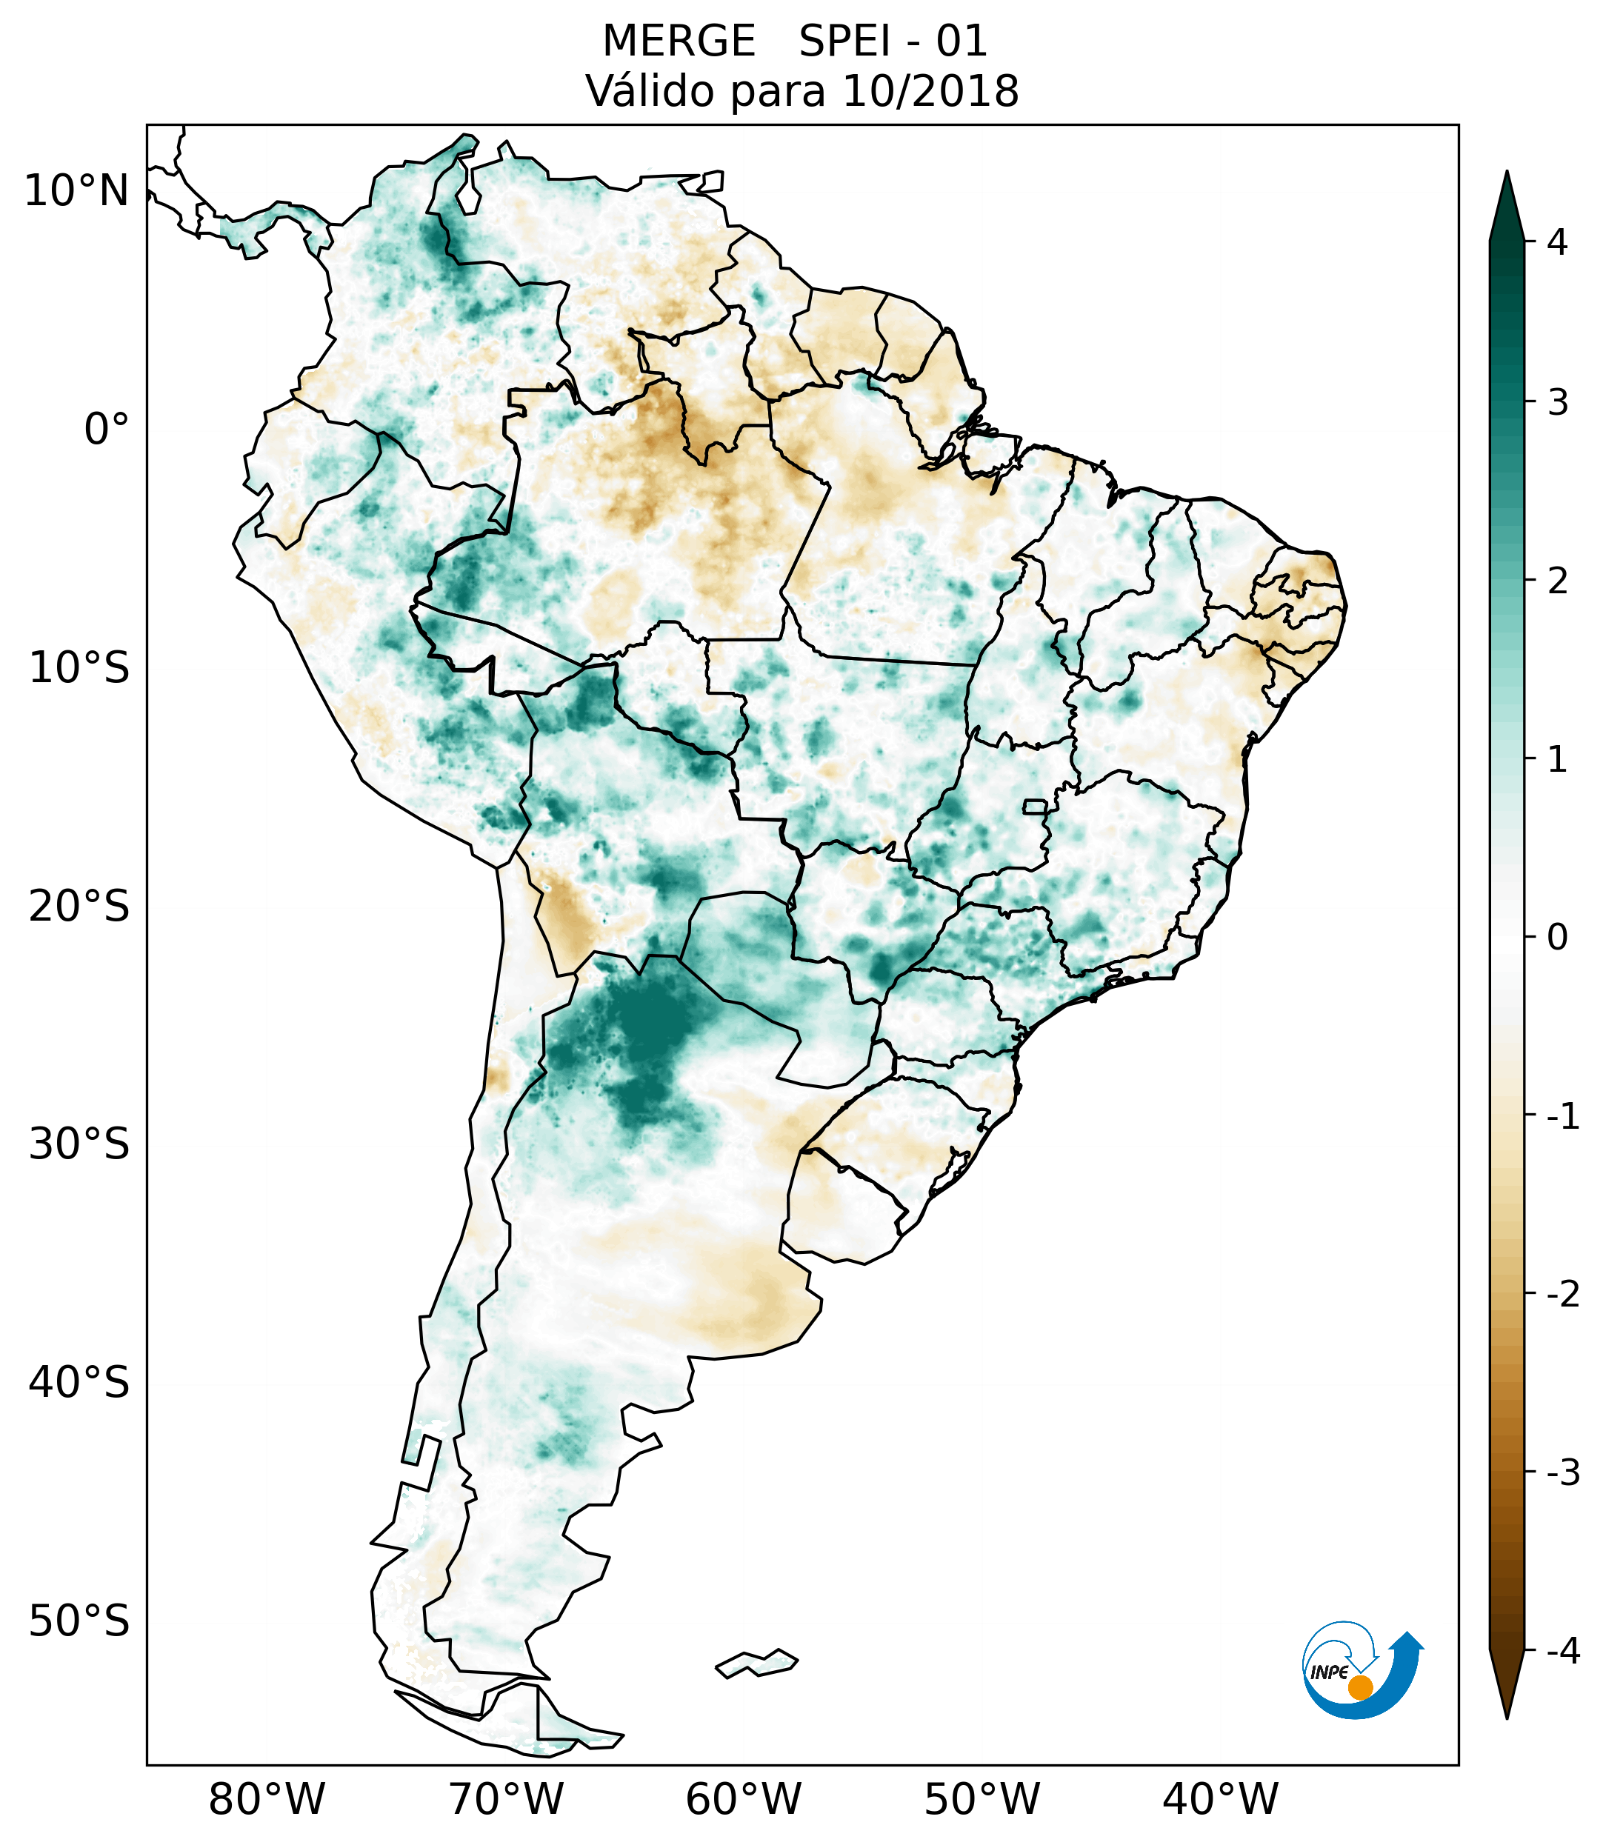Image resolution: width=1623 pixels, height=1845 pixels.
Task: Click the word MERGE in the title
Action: click(x=678, y=41)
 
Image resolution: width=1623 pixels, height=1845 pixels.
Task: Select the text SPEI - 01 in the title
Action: click(x=893, y=41)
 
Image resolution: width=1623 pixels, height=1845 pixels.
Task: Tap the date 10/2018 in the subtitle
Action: click(x=930, y=91)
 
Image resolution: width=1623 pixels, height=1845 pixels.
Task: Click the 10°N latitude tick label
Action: click(x=77, y=191)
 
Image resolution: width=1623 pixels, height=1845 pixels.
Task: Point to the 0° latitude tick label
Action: click(x=107, y=430)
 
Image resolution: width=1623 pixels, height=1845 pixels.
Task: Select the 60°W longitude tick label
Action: click(x=743, y=1799)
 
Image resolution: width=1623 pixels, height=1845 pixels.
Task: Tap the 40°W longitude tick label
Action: click(x=1221, y=1799)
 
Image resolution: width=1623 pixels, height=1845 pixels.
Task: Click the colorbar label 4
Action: click(x=1557, y=242)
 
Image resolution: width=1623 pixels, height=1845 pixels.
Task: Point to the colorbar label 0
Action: click(x=1557, y=938)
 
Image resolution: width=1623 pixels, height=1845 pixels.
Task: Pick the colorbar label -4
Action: click(x=1562, y=1651)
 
